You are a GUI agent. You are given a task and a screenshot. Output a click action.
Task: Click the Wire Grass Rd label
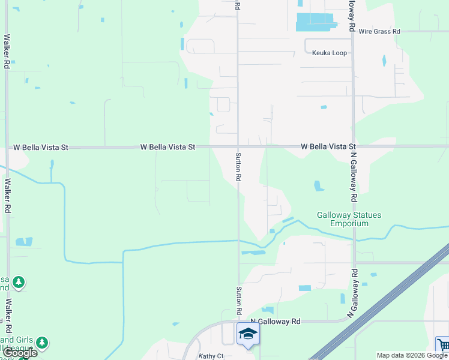[x=379, y=31]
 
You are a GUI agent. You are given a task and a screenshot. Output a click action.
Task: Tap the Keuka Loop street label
[x=330, y=53]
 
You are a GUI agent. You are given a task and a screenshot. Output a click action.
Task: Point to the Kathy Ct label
[x=211, y=356]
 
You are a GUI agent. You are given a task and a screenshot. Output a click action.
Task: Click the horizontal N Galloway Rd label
[x=275, y=322]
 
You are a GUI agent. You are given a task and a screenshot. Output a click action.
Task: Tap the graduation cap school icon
[x=247, y=333]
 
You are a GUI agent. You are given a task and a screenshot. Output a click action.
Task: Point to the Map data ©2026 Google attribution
[x=411, y=355]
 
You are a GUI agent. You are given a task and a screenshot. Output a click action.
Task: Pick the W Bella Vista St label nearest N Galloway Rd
[x=328, y=146]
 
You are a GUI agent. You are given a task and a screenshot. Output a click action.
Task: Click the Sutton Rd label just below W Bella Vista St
[x=238, y=166]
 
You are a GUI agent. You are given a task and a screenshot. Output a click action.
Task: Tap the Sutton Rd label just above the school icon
[x=238, y=301]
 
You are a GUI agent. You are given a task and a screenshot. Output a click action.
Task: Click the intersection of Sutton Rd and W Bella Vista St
[x=238, y=146]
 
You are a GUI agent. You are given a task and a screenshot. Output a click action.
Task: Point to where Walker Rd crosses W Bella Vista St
[x=7, y=146]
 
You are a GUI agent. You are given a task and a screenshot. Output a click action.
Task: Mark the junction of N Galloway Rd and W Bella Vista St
[x=353, y=146]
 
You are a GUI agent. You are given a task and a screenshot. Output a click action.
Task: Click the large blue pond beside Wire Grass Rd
[x=315, y=22]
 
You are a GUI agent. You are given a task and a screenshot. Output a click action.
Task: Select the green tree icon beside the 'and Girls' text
[x=41, y=343]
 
